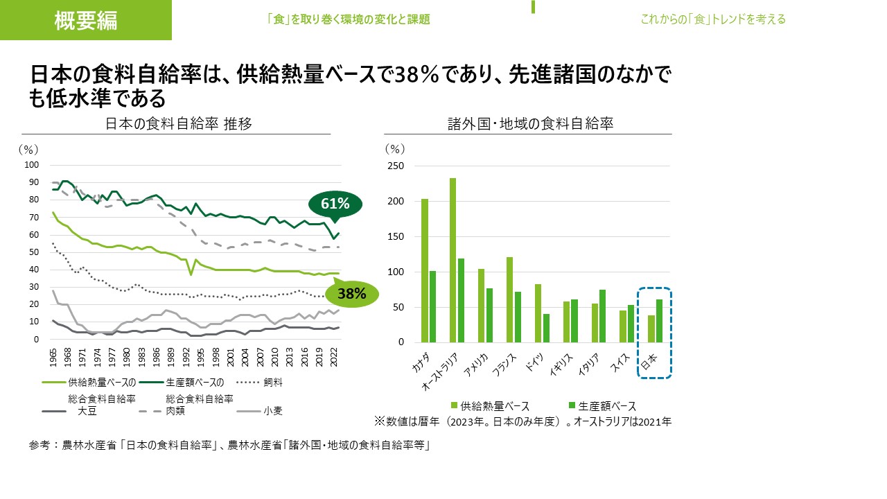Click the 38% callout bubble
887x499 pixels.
tap(351, 293)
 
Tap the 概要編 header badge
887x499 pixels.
tap(86, 20)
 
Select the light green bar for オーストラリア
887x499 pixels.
tap(453, 260)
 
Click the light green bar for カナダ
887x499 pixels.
tap(424, 270)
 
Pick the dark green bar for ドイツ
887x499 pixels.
tap(546, 328)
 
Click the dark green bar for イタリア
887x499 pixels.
tap(603, 316)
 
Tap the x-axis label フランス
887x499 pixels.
tap(504, 363)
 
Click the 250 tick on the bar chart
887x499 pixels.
tap(395, 166)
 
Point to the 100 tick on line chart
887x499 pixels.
tap(31, 164)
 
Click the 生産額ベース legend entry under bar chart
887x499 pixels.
tap(601, 406)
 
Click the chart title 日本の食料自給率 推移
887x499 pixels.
tap(178, 124)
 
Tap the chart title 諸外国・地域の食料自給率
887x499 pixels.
tap(531, 124)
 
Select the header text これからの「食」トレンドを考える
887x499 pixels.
tap(713, 19)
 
